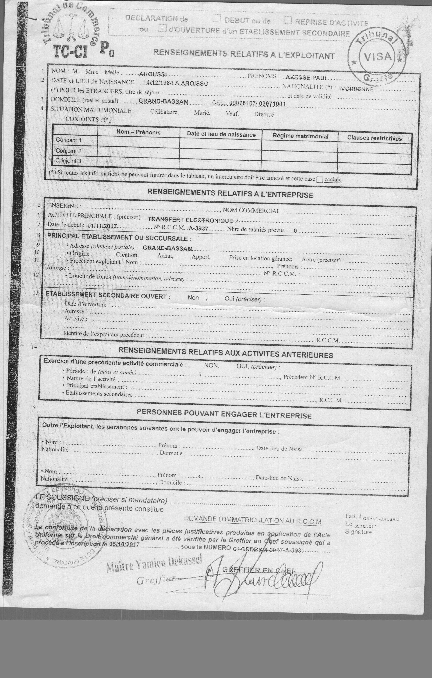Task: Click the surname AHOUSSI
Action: pyautogui.click(x=153, y=74)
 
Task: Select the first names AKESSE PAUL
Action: pyautogui.click(x=307, y=78)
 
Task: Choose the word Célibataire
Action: pyautogui.click(x=164, y=112)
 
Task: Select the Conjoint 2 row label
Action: pyautogui.click(x=68, y=151)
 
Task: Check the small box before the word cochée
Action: pyautogui.click(x=319, y=180)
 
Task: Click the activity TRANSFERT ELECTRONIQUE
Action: pyautogui.click(x=190, y=220)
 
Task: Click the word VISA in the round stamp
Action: pyautogui.click(x=378, y=57)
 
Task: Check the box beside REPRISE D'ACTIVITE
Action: pyautogui.click(x=288, y=21)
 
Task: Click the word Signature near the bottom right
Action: pyautogui.click(x=359, y=532)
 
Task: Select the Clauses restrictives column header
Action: pyautogui.click(x=374, y=138)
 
